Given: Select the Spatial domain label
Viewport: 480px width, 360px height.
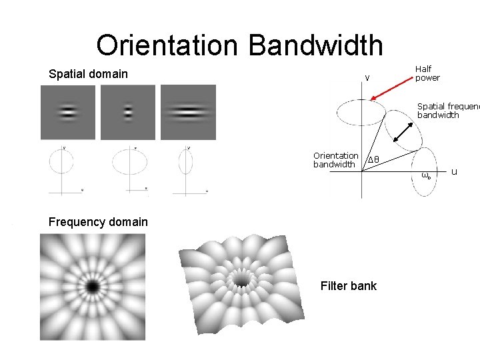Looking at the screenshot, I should (88, 73).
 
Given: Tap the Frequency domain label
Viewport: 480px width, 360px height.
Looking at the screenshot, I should (98, 221).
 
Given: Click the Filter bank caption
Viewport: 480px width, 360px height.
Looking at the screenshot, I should (348, 286).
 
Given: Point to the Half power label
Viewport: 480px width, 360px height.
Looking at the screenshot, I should (427, 73).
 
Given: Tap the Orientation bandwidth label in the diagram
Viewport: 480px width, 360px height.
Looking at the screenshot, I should (335, 160).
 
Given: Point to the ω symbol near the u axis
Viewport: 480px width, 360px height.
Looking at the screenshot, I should (426, 176).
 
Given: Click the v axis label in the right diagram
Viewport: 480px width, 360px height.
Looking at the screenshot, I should (367, 79).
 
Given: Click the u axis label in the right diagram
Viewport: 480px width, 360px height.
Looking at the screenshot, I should (454, 172).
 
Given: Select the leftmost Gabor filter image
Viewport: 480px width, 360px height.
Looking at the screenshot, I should (69, 112).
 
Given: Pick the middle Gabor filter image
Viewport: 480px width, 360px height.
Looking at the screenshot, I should (127, 112).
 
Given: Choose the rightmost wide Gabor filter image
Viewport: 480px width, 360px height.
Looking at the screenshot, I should (188, 112).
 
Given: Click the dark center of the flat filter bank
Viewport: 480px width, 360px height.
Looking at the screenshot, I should (91, 287).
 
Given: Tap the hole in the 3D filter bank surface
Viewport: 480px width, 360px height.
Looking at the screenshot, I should (240, 277).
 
